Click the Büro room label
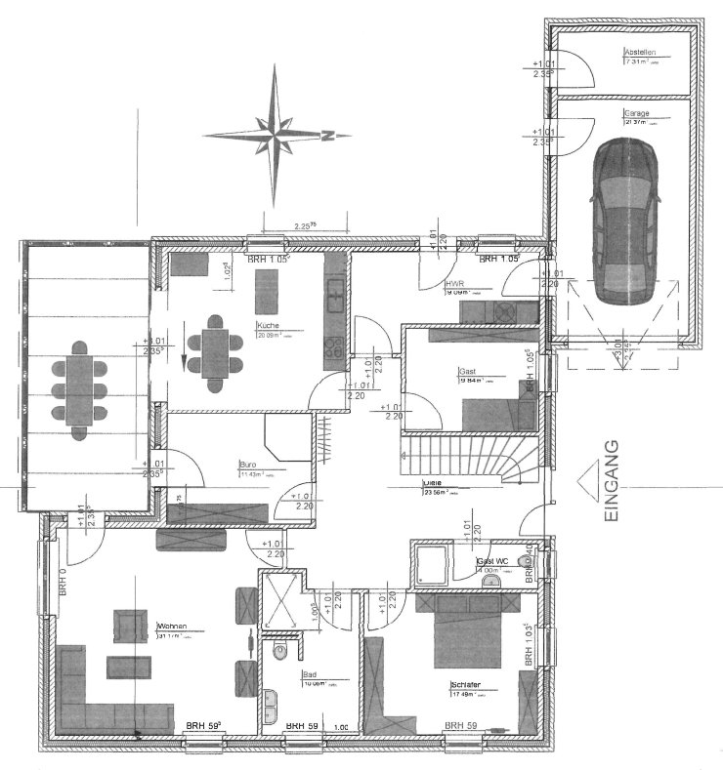tap(248, 465)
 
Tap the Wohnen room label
tap(171, 628)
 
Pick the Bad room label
tap(310, 674)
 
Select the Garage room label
tap(637, 113)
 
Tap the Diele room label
tap(430, 483)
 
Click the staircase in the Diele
tap(464, 457)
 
